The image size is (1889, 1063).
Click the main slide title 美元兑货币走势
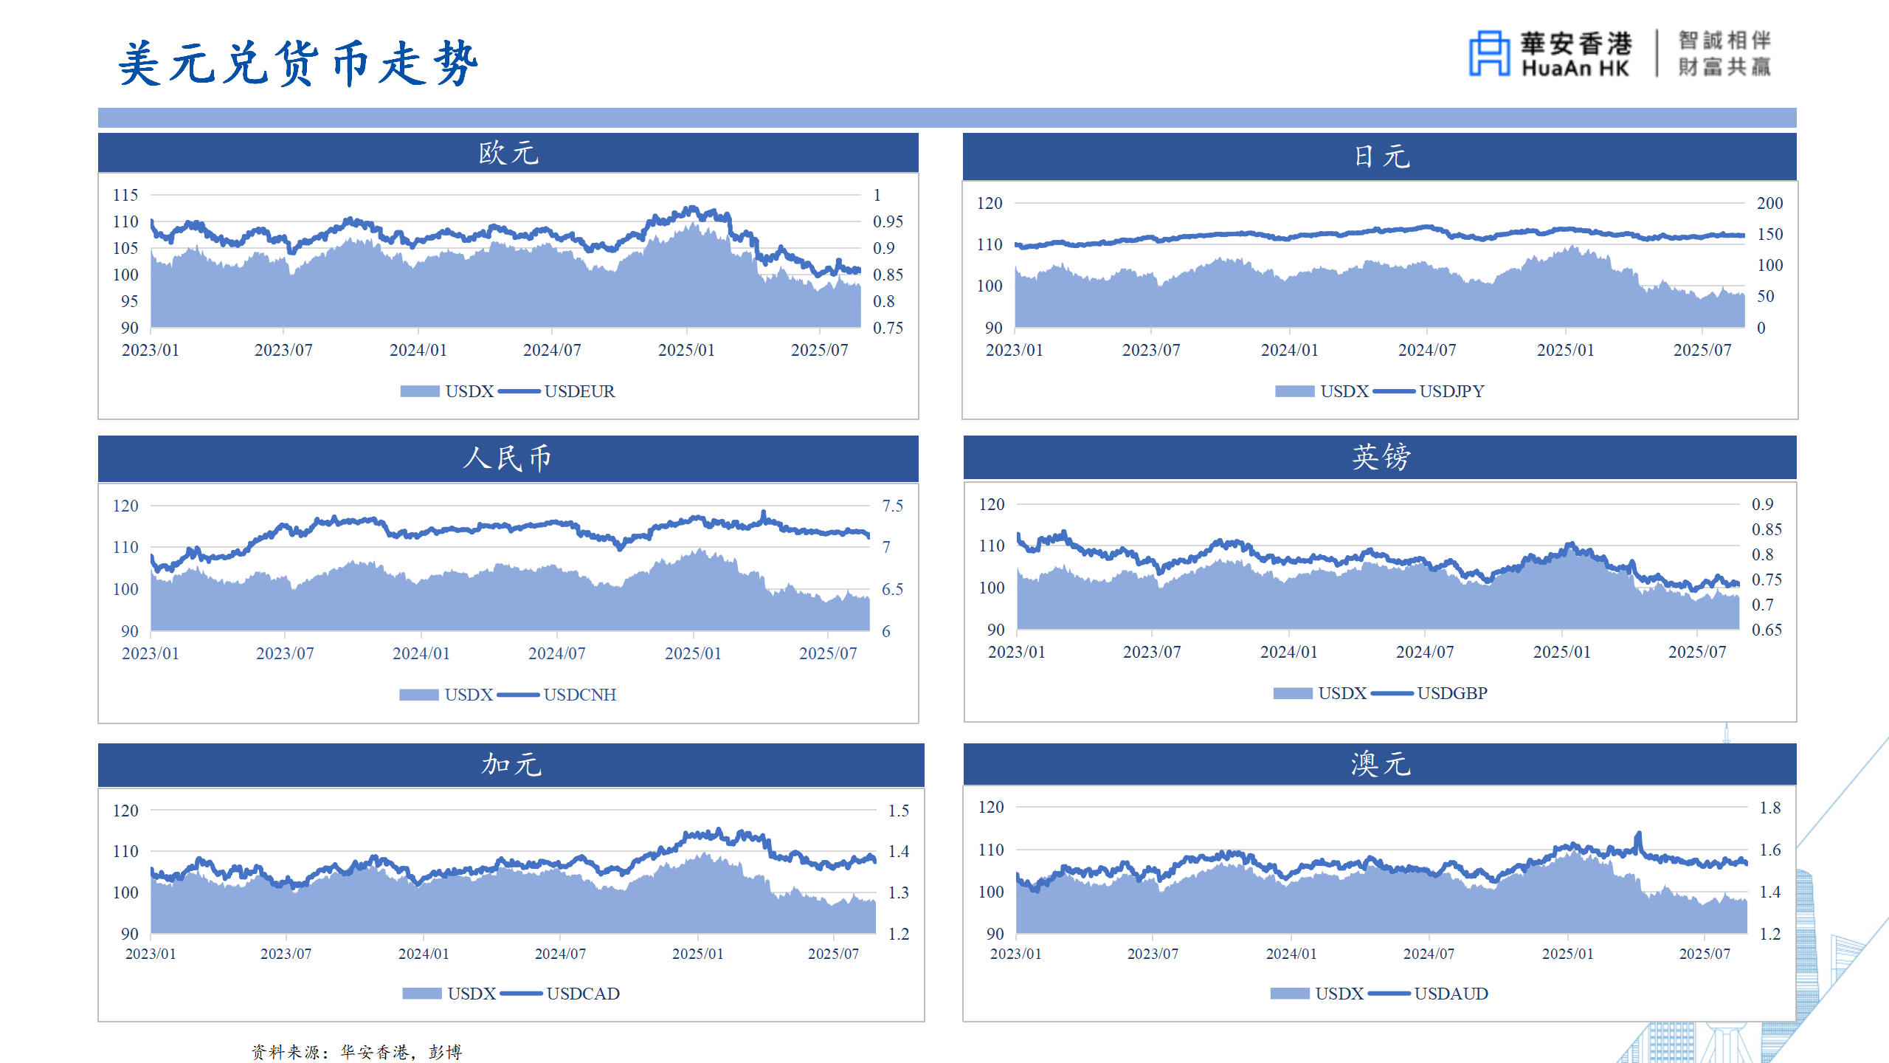(298, 63)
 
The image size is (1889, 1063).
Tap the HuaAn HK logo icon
(1489, 53)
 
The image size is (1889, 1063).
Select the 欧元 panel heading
(508, 154)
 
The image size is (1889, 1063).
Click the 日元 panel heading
(1381, 156)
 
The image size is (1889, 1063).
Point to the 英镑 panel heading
(1381, 457)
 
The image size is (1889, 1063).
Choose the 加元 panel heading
(511, 764)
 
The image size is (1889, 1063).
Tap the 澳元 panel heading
(1381, 764)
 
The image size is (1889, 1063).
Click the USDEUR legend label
(579, 391)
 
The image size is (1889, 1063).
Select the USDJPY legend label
(1451, 391)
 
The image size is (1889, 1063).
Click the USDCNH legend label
(579, 695)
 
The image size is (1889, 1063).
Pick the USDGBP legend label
(1451, 693)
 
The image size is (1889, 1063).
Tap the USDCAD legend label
(583, 994)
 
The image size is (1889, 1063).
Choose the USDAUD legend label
(1451, 994)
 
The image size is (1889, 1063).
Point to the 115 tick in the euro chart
(125, 195)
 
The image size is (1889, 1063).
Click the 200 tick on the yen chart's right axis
(1769, 203)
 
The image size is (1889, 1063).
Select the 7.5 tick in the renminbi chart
(892, 506)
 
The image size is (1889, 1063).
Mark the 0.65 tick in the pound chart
(1767, 630)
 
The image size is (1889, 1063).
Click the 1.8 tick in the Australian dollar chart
(1769, 808)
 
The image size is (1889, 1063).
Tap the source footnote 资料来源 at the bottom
(356, 1052)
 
